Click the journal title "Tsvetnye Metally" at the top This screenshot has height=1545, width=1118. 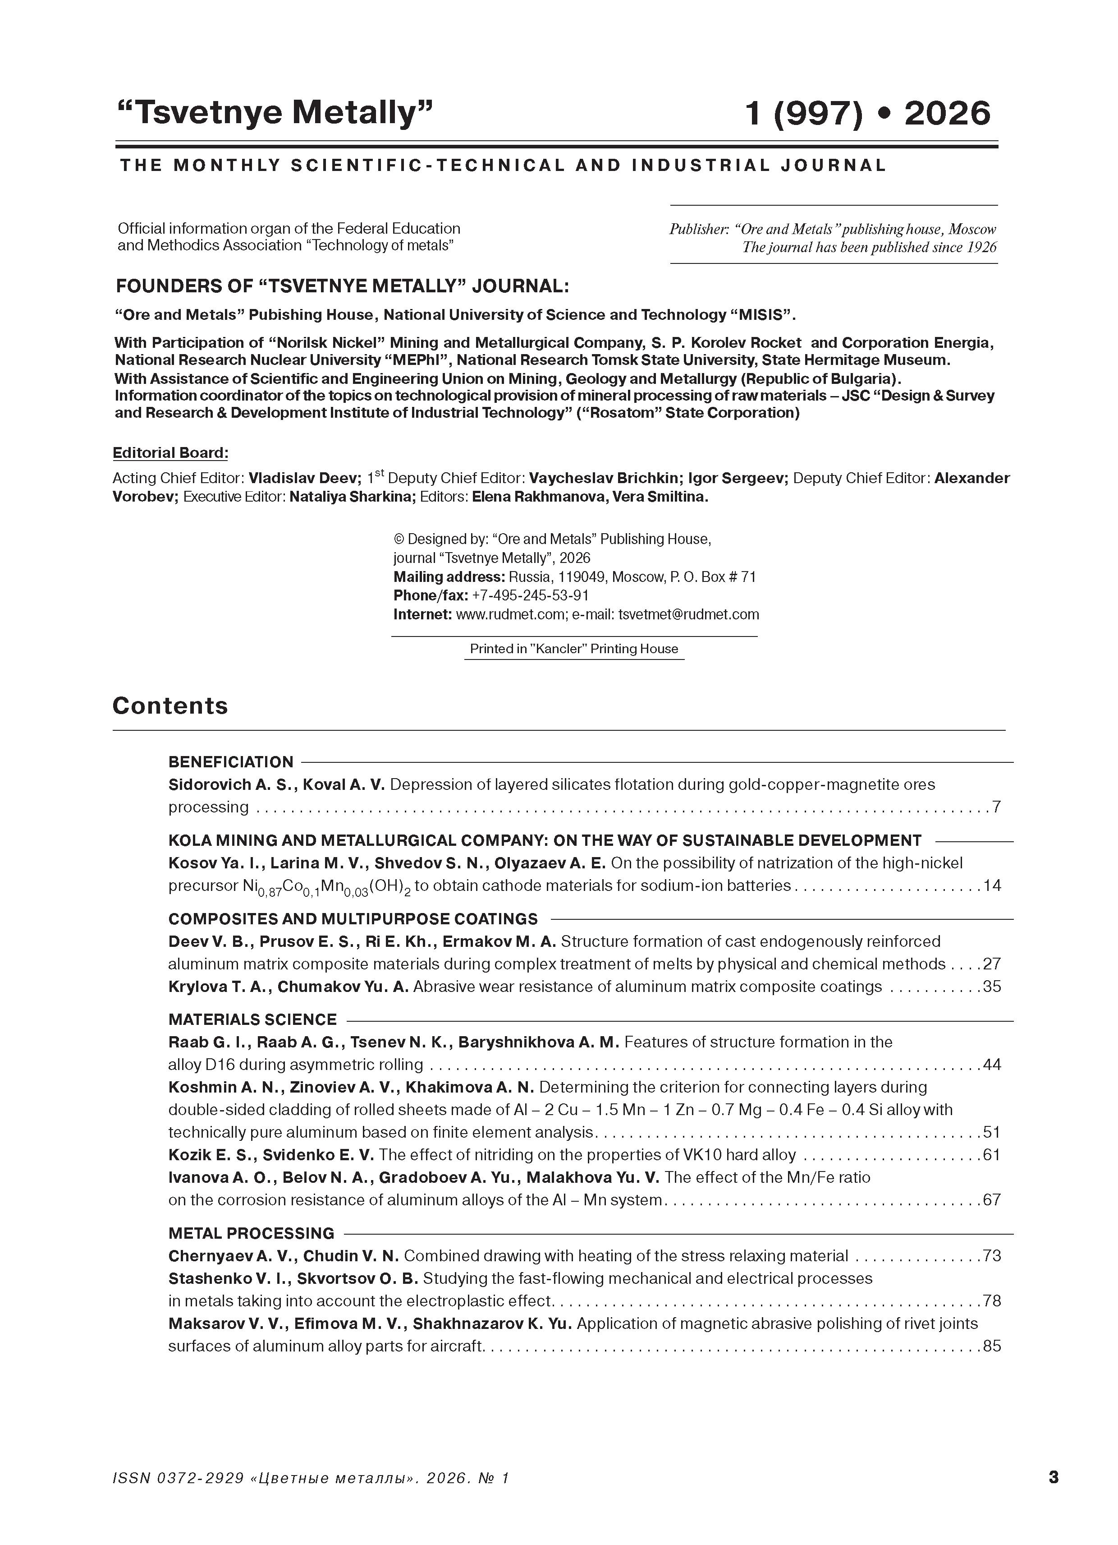pos(275,112)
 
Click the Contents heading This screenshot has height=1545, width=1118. pos(170,706)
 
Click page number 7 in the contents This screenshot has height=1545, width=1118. pos(996,807)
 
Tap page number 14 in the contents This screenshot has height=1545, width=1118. pos(992,885)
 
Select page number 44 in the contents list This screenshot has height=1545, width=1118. pos(992,1064)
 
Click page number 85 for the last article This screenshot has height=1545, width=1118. pos(992,1346)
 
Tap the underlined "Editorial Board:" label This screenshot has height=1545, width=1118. pos(170,453)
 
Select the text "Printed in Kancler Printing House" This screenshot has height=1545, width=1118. pos(574,649)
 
